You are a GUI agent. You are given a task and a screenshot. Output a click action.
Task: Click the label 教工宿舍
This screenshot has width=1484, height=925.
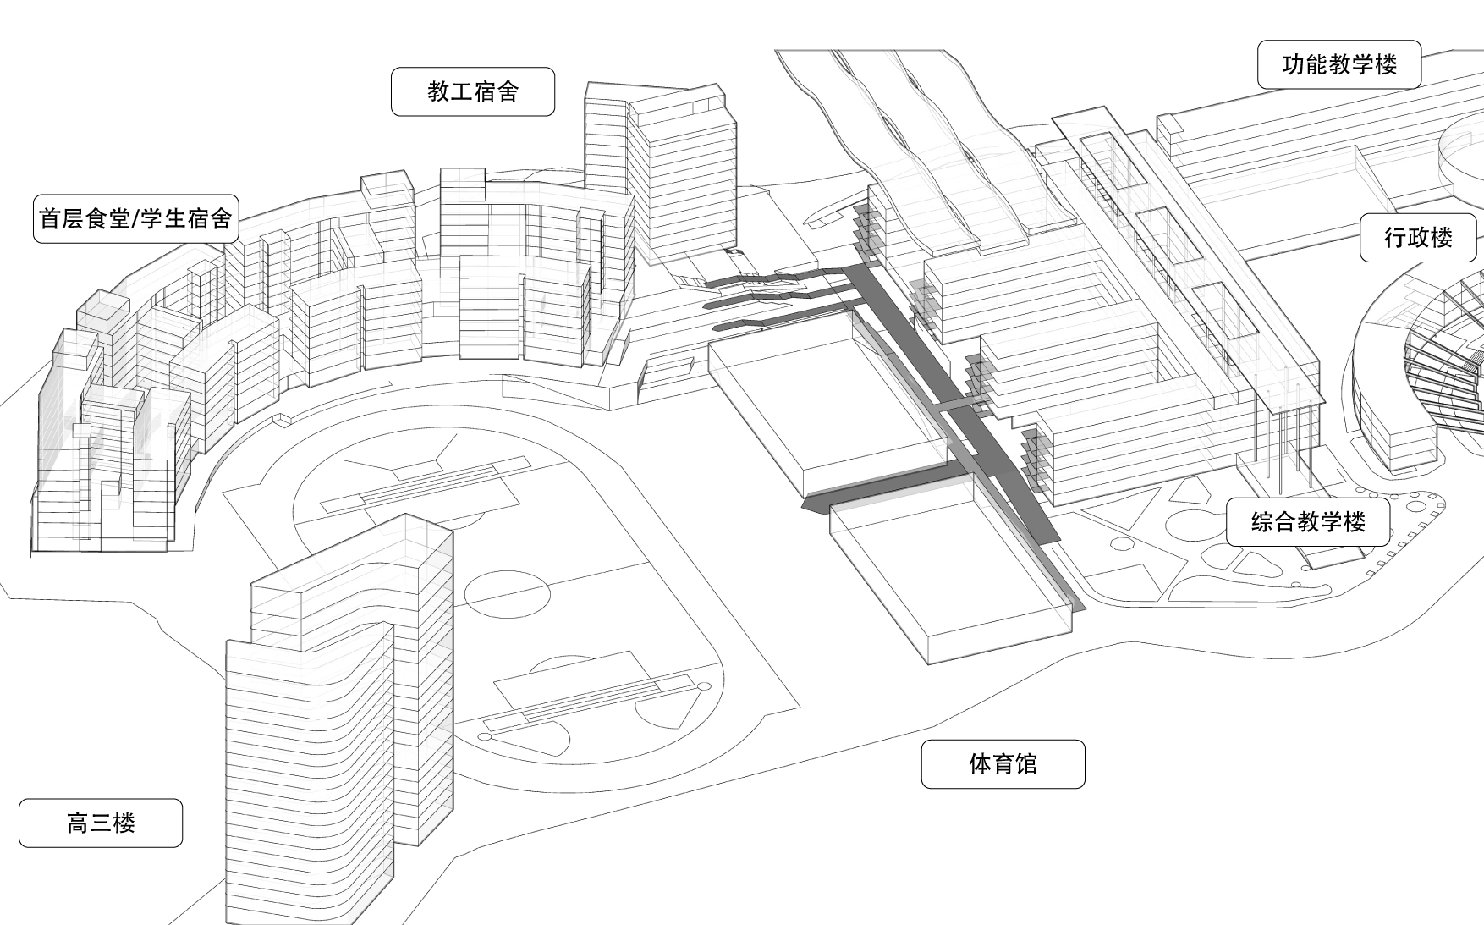point(473,91)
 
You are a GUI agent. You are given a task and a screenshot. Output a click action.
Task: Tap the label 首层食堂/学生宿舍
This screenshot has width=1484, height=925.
point(135,219)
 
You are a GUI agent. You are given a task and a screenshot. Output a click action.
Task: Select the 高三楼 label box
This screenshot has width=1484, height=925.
point(101,823)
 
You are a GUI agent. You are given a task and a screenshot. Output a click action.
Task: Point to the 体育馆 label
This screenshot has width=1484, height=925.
point(1003,764)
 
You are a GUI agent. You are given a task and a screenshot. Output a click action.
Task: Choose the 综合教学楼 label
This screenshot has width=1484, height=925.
point(1308,521)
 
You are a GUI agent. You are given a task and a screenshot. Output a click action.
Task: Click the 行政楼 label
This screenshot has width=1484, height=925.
point(1418,237)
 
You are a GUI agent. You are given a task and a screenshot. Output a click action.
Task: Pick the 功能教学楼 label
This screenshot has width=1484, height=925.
point(1339,64)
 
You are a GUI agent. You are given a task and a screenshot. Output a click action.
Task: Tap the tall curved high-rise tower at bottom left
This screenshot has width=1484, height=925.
point(338,719)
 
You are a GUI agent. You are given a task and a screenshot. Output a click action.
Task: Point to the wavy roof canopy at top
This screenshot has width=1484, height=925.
point(922,144)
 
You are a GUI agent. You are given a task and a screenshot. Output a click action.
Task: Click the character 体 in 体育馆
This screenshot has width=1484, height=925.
point(980,764)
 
